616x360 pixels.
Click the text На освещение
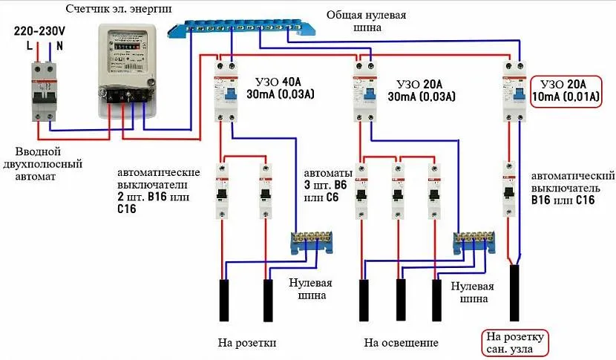point(401,343)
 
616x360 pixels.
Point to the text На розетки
point(247,343)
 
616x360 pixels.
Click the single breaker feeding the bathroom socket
point(511,190)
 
